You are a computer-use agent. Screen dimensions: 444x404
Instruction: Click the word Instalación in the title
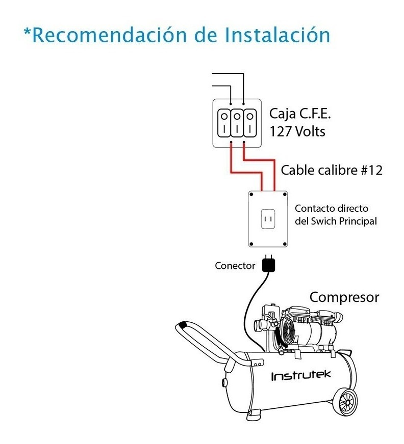[277, 36]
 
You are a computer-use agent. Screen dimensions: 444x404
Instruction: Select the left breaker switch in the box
[224, 123]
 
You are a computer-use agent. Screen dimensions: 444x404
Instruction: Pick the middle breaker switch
[237, 123]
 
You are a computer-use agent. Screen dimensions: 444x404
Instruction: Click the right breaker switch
[249, 123]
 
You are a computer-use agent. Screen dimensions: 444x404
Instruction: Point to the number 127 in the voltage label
[281, 131]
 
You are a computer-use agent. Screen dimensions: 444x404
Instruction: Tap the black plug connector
[268, 264]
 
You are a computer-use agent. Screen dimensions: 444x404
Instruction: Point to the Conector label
[235, 265]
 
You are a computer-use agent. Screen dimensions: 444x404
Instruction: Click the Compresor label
[344, 297]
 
